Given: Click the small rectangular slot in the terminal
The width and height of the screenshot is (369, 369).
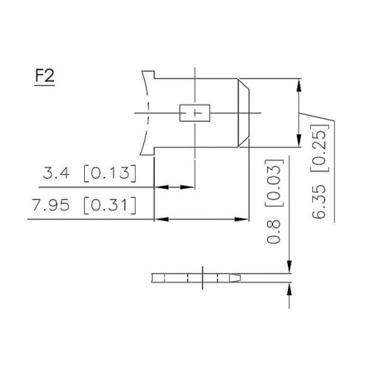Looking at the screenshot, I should point(196,113).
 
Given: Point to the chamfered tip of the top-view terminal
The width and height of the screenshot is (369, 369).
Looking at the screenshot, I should point(246,113).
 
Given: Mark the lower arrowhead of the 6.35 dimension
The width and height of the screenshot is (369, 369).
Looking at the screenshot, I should point(298,141).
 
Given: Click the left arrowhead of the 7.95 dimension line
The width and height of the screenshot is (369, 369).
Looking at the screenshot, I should point(159,219).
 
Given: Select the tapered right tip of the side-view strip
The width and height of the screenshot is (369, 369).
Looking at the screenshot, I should point(242,278).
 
